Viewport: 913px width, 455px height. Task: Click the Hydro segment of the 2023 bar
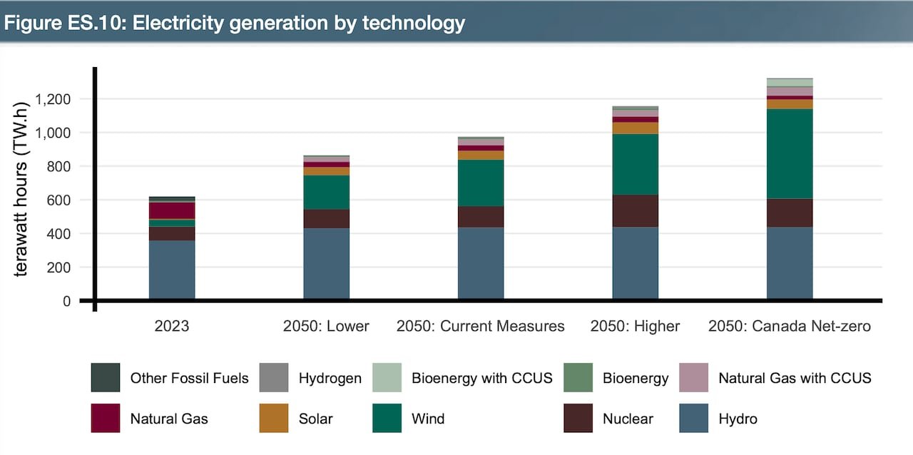[x=172, y=270]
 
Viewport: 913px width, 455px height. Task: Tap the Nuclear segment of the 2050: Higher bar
[x=635, y=210]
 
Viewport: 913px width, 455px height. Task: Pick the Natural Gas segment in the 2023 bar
[x=172, y=210]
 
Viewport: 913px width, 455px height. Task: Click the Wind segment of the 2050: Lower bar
[x=326, y=192]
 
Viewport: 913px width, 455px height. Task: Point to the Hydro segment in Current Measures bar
[x=481, y=263]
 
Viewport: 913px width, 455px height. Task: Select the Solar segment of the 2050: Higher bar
[x=635, y=128]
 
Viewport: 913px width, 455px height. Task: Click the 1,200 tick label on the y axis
[x=51, y=99]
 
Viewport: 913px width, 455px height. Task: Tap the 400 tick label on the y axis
[x=61, y=234]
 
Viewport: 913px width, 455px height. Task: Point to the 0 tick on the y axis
[x=66, y=301]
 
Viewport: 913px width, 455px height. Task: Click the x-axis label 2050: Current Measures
[x=481, y=326]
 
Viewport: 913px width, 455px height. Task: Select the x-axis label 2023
[x=172, y=326]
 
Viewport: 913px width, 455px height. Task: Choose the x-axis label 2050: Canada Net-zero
[x=790, y=326]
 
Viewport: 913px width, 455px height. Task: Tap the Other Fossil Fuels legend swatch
[x=106, y=377]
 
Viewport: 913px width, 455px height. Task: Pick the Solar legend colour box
[x=274, y=418]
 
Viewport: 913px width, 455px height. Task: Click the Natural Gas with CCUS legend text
[x=795, y=377]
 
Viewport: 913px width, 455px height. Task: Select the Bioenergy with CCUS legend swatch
[x=387, y=377]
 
